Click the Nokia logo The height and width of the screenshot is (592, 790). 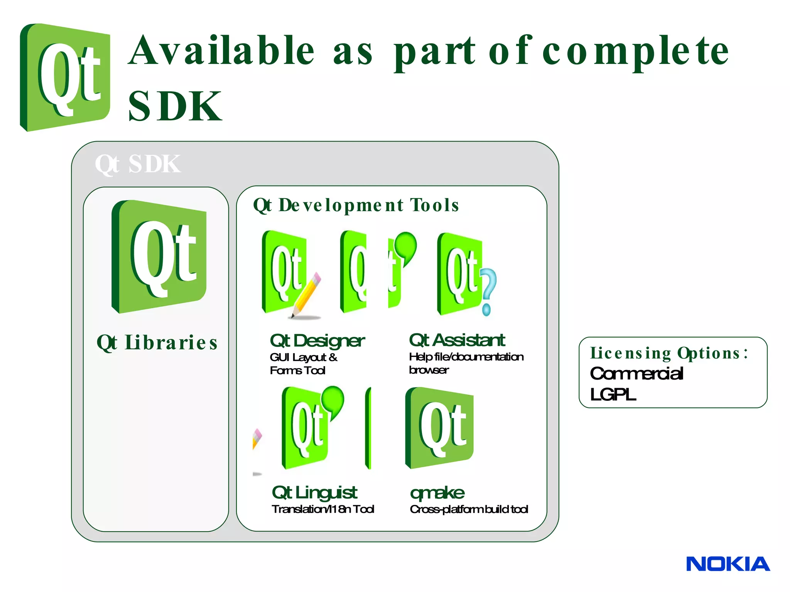[x=728, y=564]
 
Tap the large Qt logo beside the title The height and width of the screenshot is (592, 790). [x=65, y=77]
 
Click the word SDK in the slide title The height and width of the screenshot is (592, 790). [x=175, y=106]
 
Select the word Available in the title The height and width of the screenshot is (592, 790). [x=221, y=50]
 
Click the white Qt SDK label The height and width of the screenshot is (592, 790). [x=138, y=164]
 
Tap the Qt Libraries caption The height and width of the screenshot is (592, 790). [x=157, y=342]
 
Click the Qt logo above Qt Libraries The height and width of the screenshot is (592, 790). [x=159, y=256]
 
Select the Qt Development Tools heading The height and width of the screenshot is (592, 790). [x=356, y=205]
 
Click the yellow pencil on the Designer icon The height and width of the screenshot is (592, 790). [x=307, y=295]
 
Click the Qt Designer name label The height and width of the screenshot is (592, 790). [x=317, y=341]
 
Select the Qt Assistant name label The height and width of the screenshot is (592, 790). [x=457, y=340]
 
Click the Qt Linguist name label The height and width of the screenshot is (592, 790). [x=314, y=492]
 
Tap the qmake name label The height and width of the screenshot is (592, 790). [x=437, y=493]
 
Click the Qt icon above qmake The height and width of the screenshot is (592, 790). [x=439, y=428]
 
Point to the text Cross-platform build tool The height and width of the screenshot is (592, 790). [x=469, y=510]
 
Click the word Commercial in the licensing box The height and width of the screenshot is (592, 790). [x=636, y=373]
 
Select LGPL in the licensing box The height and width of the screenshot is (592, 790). [x=613, y=394]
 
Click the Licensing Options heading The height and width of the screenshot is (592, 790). [x=669, y=353]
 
